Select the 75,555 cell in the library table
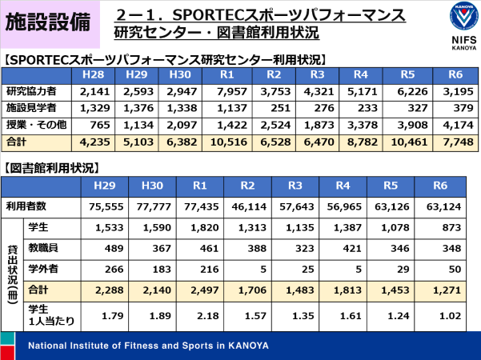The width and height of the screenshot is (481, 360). point(104,206)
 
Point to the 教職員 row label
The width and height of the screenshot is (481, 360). point(43,249)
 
